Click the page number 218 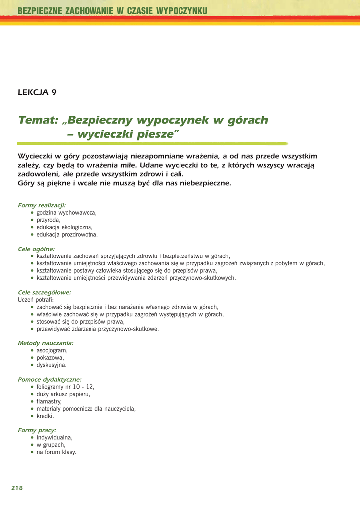pos(17,488)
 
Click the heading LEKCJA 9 pos(37,92)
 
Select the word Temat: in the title pos(38,120)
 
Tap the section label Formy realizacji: pos(41,205)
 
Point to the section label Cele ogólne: pos(36,249)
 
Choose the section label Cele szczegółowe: pos(44,292)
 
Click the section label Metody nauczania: pos(45,343)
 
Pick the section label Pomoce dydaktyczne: pos(49,379)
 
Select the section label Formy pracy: pos(37,430)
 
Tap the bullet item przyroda pos(49,220)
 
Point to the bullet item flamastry pos(49,401)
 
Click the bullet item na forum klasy pos(56,452)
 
